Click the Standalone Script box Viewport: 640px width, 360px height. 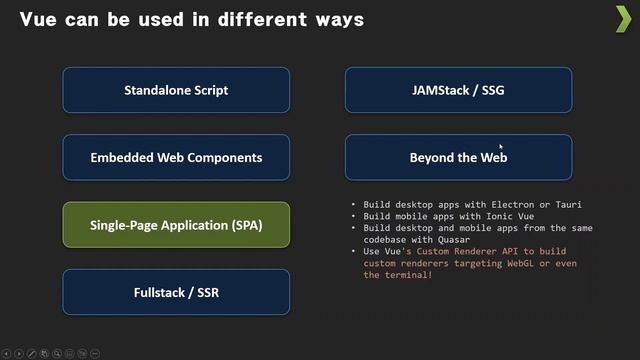[176, 90]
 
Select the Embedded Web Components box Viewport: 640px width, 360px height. [176, 158]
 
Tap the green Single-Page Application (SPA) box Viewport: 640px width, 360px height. [176, 225]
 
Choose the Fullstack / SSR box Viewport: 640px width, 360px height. [176, 293]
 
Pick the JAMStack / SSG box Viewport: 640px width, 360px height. [458, 90]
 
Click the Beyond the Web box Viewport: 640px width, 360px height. [458, 158]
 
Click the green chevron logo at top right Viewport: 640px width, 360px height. [622, 18]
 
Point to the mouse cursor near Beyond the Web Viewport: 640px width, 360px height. [501, 146]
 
